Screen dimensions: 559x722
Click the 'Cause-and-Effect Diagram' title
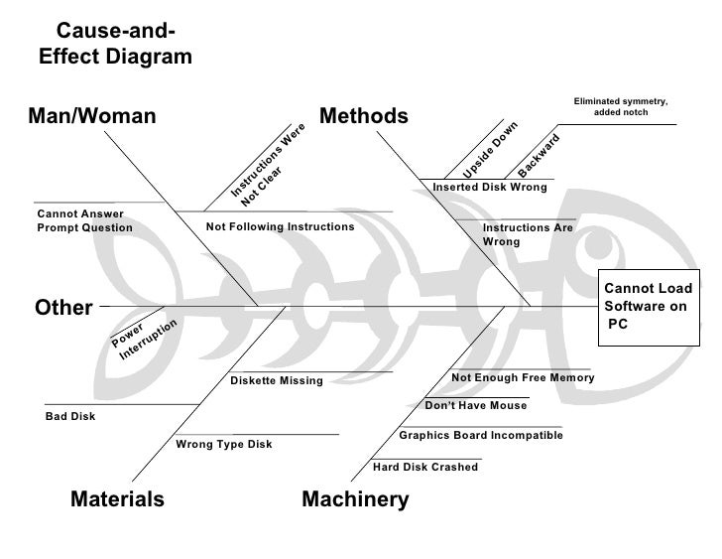[x=115, y=45]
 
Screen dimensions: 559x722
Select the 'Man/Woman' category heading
[x=95, y=116]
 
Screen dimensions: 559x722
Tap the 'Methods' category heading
[x=364, y=116]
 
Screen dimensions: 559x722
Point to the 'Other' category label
[x=63, y=308]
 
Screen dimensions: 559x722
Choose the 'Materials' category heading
[x=117, y=498]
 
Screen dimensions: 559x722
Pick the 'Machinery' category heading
[x=355, y=498]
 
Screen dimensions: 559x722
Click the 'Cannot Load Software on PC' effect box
[x=648, y=307]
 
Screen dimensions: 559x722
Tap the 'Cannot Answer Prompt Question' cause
[x=84, y=220]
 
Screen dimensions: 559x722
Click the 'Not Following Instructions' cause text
[x=280, y=227]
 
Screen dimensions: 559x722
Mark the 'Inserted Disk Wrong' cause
[x=490, y=187]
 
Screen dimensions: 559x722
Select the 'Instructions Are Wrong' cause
[x=528, y=234]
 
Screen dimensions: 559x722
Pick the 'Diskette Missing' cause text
[x=277, y=381]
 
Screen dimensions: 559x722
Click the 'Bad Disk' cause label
[x=70, y=417]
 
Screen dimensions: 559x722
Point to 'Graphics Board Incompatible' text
[x=481, y=436]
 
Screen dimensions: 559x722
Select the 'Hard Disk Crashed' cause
[x=425, y=467]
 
